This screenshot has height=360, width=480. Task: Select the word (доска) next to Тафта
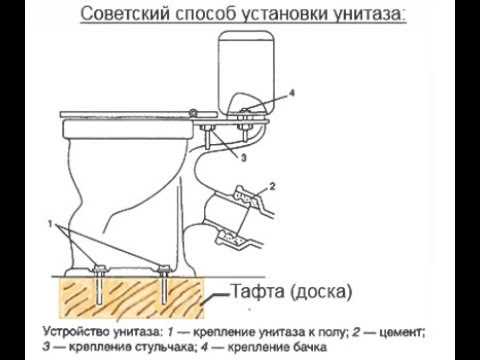322,294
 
